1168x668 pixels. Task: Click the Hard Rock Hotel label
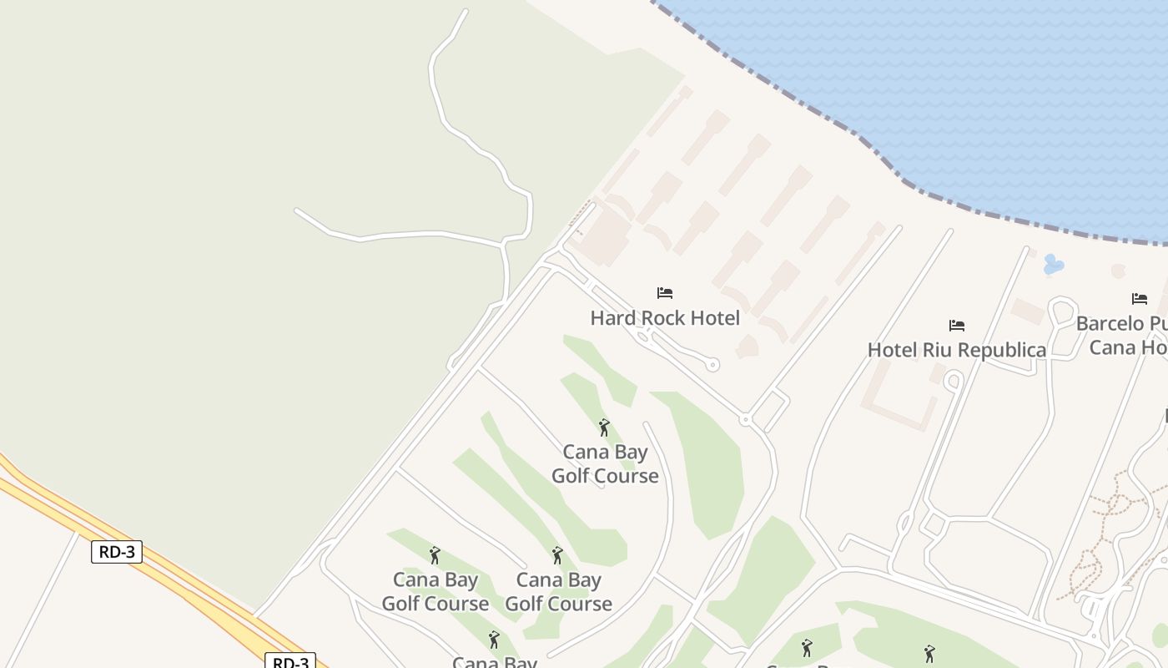pos(665,318)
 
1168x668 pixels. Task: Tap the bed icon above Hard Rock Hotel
pos(665,293)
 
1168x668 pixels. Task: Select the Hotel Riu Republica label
pos(956,350)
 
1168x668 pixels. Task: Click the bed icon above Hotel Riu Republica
pos(957,325)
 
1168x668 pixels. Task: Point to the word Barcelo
pos(1110,323)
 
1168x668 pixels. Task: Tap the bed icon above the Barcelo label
pos(1140,298)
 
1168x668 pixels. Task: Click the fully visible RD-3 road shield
pos(117,551)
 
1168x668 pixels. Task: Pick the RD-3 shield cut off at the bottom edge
pos(290,661)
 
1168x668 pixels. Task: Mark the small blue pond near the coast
pos(1054,266)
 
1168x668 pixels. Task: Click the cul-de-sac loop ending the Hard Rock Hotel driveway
pos(712,364)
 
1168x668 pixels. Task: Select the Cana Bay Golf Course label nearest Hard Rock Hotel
pos(605,464)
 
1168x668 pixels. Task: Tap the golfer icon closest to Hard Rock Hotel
pos(604,428)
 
